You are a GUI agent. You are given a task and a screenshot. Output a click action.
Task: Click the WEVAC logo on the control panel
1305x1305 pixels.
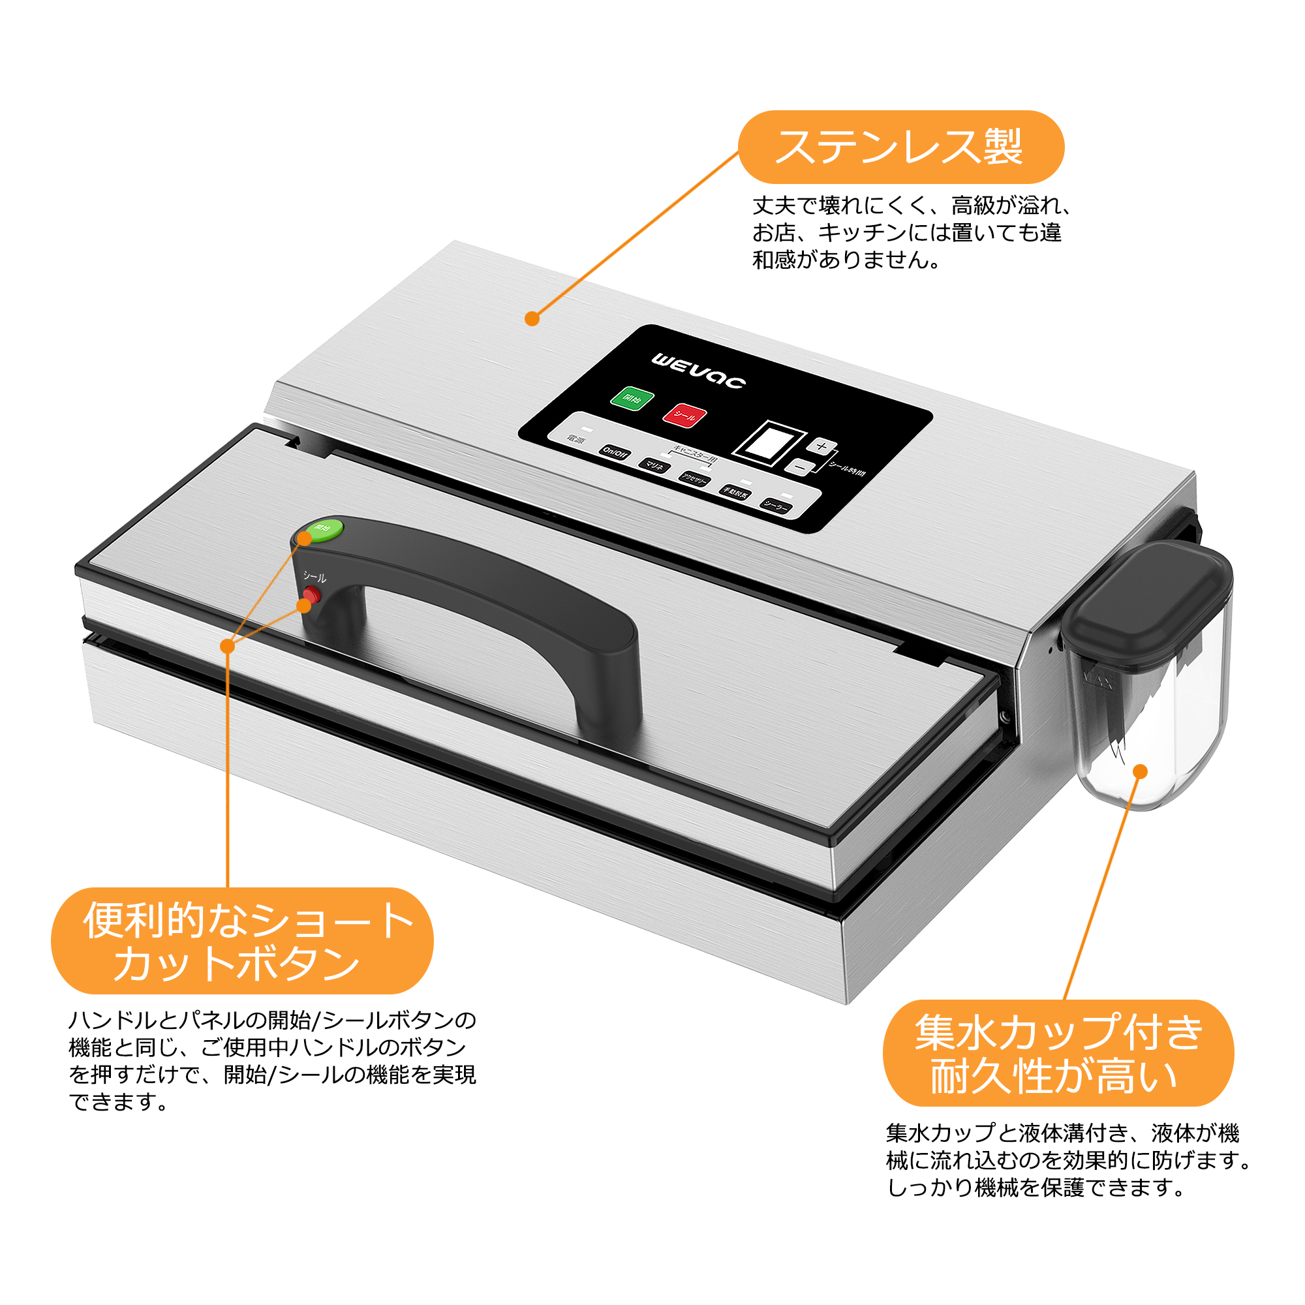pyautogui.click(x=698, y=371)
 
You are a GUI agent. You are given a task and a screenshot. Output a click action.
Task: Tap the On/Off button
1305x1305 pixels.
pyautogui.click(x=615, y=453)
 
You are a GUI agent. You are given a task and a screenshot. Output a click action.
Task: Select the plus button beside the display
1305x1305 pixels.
pyautogui.click(x=821, y=446)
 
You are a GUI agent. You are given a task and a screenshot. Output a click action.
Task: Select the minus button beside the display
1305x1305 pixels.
pyautogui.click(x=799, y=466)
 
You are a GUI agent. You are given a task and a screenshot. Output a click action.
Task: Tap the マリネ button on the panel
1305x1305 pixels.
pyautogui.click(x=654, y=465)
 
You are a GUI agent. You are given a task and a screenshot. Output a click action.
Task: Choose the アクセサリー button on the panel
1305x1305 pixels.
pyautogui.click(x=694, y=479)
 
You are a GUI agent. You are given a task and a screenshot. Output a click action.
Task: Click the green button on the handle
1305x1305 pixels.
pyautogui.click(x=325, y=527)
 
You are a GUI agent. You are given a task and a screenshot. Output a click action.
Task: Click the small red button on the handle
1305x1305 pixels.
pyautogui.click(x=311, y=594)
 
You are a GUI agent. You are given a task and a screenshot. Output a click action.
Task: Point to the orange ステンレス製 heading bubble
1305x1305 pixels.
pyautogui.click(x=900, y=147)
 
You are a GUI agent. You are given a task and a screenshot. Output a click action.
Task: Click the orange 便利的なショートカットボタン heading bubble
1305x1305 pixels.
pyautogui.click(x=242, y=940)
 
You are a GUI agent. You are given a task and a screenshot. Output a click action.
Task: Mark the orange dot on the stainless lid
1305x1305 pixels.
pyautogui.click(x=532, y=319)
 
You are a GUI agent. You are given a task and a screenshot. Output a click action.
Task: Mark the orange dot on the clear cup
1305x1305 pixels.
pyautogui.click(x=1140, y=771)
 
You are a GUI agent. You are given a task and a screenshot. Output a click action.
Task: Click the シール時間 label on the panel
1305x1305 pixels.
pyautogui.click(x=847, y=469)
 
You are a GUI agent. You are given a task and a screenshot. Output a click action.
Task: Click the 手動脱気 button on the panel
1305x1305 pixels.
pyautogui.click(x=735, y=493)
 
